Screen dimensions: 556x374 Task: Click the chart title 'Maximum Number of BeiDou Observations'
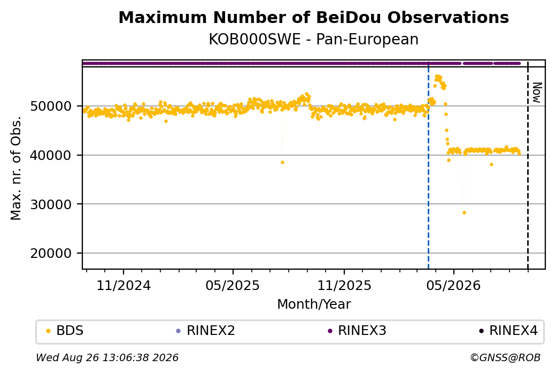click(x=313, y=17)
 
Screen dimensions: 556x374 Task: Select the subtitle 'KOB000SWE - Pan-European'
click(x=313, y=40)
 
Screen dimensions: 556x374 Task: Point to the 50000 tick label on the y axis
click(x=51, y=106)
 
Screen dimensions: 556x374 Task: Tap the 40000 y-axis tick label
click(x=51, y=155)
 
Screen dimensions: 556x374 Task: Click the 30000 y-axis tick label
click(x=51, y=204)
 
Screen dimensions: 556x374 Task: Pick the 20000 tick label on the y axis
click(x=51, y=254)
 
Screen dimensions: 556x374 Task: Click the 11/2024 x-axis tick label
click(x=123, y=285)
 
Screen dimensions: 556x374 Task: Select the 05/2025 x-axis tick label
click(x=233, y=285)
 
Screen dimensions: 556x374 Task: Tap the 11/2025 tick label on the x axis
click(x=344, y=285)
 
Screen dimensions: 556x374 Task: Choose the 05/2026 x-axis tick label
click(x=453, y=285)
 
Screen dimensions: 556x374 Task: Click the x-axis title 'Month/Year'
click(x=314, y=304)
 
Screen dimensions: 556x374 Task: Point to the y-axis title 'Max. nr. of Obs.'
click(x=16, y=168)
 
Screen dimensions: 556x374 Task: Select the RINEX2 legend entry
click(x=206, y=331)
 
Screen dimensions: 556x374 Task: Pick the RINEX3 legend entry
click(x=357, y=331)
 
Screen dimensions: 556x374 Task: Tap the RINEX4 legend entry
click(x=508, y=331)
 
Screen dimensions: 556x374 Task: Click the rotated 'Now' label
click(x=537, y=93)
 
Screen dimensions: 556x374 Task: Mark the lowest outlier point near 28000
click(x=464, y=213)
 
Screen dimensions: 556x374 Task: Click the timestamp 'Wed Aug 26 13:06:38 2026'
click(x=107, y=357)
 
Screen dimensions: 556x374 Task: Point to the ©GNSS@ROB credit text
click(x=505, y=357)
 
